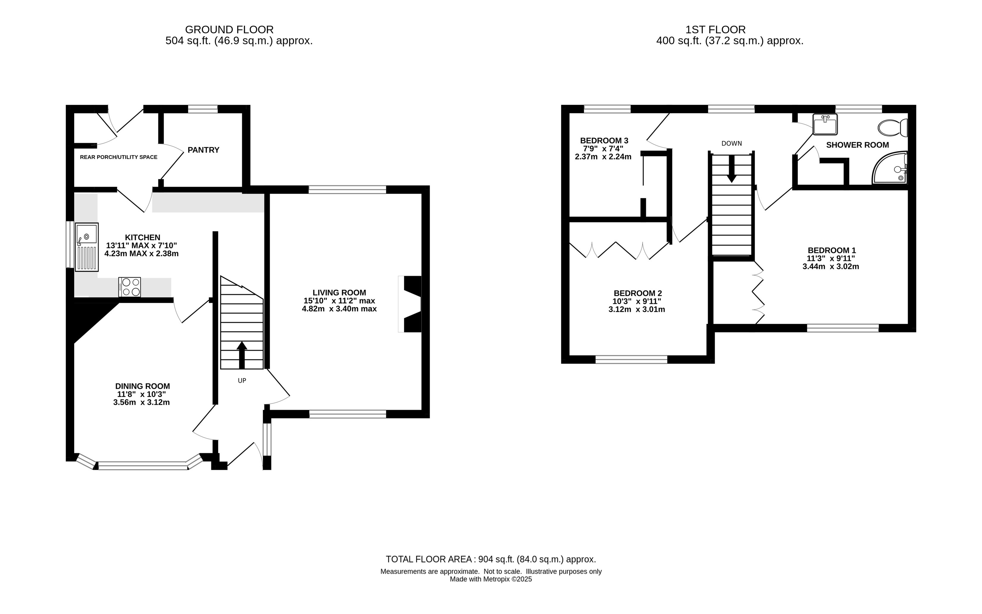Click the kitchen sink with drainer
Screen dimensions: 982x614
pos(87,246)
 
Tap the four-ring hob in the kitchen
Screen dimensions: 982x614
pos(130,287)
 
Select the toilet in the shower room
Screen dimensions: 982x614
pos(893,128)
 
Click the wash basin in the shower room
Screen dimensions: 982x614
pos(825,124)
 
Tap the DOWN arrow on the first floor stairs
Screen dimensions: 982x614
pos(731,169)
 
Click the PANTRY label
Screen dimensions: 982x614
pos(203,150)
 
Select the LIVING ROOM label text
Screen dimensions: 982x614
pos(339,292)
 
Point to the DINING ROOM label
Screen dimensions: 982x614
pos(142,386)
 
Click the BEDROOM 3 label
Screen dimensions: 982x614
pos(604,141)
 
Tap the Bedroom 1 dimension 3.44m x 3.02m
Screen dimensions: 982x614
pos(831,266)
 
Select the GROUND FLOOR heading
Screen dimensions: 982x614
pos(229,30)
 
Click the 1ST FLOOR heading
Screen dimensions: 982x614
pos(715,30)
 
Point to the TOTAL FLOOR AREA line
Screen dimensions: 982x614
pos(491,559)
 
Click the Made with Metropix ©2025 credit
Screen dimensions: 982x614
pos(491,579)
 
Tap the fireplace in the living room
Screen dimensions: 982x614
pos(409,304)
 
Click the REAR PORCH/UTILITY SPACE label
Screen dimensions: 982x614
pos(119,157)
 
